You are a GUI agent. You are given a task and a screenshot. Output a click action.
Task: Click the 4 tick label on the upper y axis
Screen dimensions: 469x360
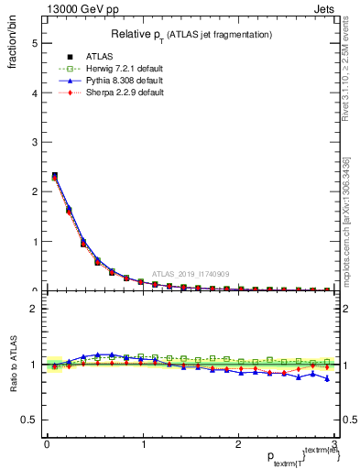pyautogui.click(x=34, y=93)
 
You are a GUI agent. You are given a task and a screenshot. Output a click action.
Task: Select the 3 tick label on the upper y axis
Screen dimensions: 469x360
pyautogui.click(x=34, y=142)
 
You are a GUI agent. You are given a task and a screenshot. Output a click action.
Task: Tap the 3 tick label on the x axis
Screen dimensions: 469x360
pyautogui.click(x=334, y=444)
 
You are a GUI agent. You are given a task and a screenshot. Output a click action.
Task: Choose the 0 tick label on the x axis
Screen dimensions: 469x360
pyautogui.click(x=47, y=444)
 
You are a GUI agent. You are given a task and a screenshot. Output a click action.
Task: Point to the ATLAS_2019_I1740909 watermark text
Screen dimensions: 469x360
pyautogui.click(x=192, y=274)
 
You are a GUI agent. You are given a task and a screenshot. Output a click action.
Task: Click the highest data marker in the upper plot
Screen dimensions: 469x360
pyautogui.click(x=54, y=175)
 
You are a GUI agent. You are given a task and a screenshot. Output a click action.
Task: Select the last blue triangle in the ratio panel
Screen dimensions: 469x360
pyautogui.click(x=327, y=378)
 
